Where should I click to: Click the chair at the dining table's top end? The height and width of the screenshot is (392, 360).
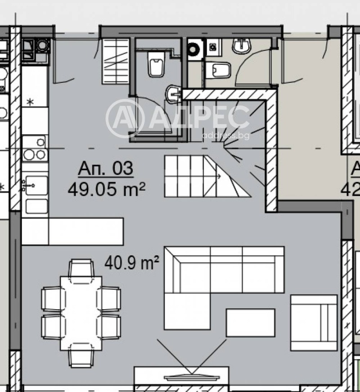pyautogui.click(x=81, y=268)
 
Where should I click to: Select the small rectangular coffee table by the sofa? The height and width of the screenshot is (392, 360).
pyautogui.click(x=250, y=322)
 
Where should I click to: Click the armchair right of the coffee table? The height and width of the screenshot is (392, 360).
pyautogui.click(x=314, y=322)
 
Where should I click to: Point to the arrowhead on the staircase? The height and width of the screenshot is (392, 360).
pyautogui.click(x=218, y=176)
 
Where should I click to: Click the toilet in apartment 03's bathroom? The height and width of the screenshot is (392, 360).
pyautogui.click(x=155, y=64)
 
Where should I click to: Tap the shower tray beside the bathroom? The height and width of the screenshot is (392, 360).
pyautogui.click(x=115, y=61)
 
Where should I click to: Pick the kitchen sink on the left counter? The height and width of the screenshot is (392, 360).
pyautogui.click(x=35, y=185)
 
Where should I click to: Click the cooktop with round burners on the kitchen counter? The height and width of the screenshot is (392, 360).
pyautogui.click(x=35, y=149)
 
